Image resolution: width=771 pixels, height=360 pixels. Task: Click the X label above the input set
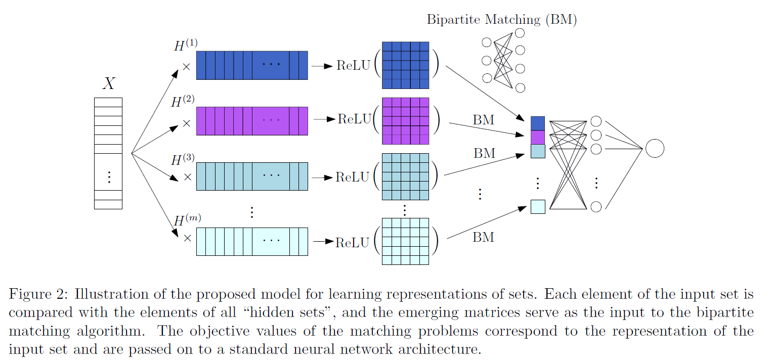(109, 83)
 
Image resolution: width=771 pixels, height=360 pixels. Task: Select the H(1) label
(186, 46)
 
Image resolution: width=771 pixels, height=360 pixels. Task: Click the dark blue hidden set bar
(251, 65)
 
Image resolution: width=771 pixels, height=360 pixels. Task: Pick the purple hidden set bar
(251, 121)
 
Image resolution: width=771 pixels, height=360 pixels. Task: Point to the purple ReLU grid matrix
(405, 121)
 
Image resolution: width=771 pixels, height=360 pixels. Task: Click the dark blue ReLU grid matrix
(405, 65)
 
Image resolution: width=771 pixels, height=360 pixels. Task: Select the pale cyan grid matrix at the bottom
(405, 241)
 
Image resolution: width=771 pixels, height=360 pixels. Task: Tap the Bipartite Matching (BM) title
(501, 20)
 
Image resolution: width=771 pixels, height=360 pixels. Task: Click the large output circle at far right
(654, 149)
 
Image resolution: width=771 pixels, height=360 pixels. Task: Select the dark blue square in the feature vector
(538, 123)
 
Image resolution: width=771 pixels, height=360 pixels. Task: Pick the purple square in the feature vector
(538, 138)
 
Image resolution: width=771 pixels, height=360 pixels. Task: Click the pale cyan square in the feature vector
(538, 207)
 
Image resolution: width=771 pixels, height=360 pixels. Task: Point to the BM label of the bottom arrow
(483, 237)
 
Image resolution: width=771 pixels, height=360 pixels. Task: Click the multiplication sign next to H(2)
(187, 122)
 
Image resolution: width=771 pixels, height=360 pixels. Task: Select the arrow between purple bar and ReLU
(324, 119)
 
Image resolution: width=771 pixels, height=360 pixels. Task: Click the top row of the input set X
(108, 102)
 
